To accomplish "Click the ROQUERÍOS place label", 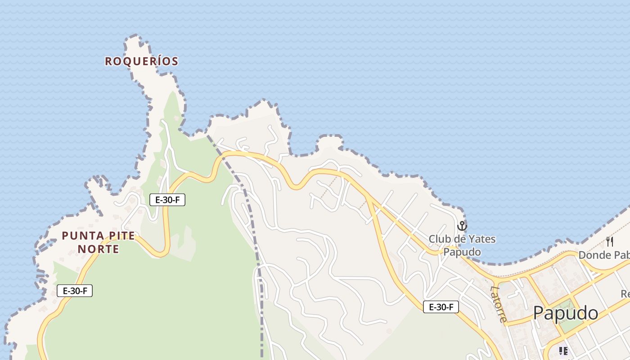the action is [x=142, y=61].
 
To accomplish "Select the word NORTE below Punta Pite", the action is [x=99, y=249].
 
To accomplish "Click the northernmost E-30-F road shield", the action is [x=167, y=200].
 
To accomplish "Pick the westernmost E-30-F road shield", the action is [x=75, y=291].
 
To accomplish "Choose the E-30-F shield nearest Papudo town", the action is [x=441, y=307].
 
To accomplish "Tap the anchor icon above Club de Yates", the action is [x=462, y=226].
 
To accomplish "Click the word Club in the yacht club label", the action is [x=439, y=239].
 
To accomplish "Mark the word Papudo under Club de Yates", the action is [x=462, y=252].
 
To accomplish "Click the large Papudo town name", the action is [x=566, y=313].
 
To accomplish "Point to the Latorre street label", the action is [x=499, y=304].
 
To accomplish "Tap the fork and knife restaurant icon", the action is [x=610, y=242].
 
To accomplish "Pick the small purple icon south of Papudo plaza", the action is [x=563, y=351].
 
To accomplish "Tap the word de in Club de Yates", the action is [x=461, y=239].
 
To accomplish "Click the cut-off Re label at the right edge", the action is [x=625, y=294].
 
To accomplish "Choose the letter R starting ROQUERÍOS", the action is [x=108, y=62].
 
